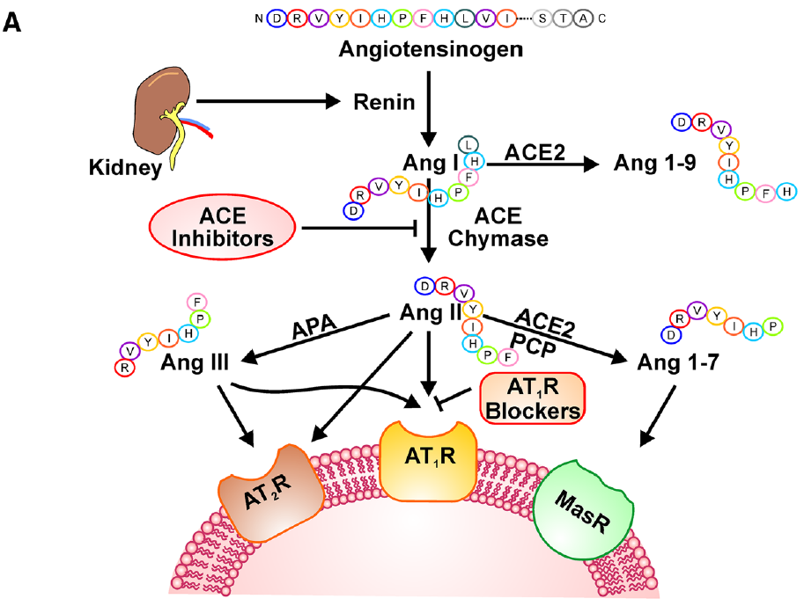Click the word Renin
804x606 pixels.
(x=384, y=102)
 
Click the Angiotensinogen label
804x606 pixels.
(x=431, y=47)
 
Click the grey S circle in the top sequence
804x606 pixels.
(x=544, y=18)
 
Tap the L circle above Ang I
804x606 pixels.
(x=468, y=143)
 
